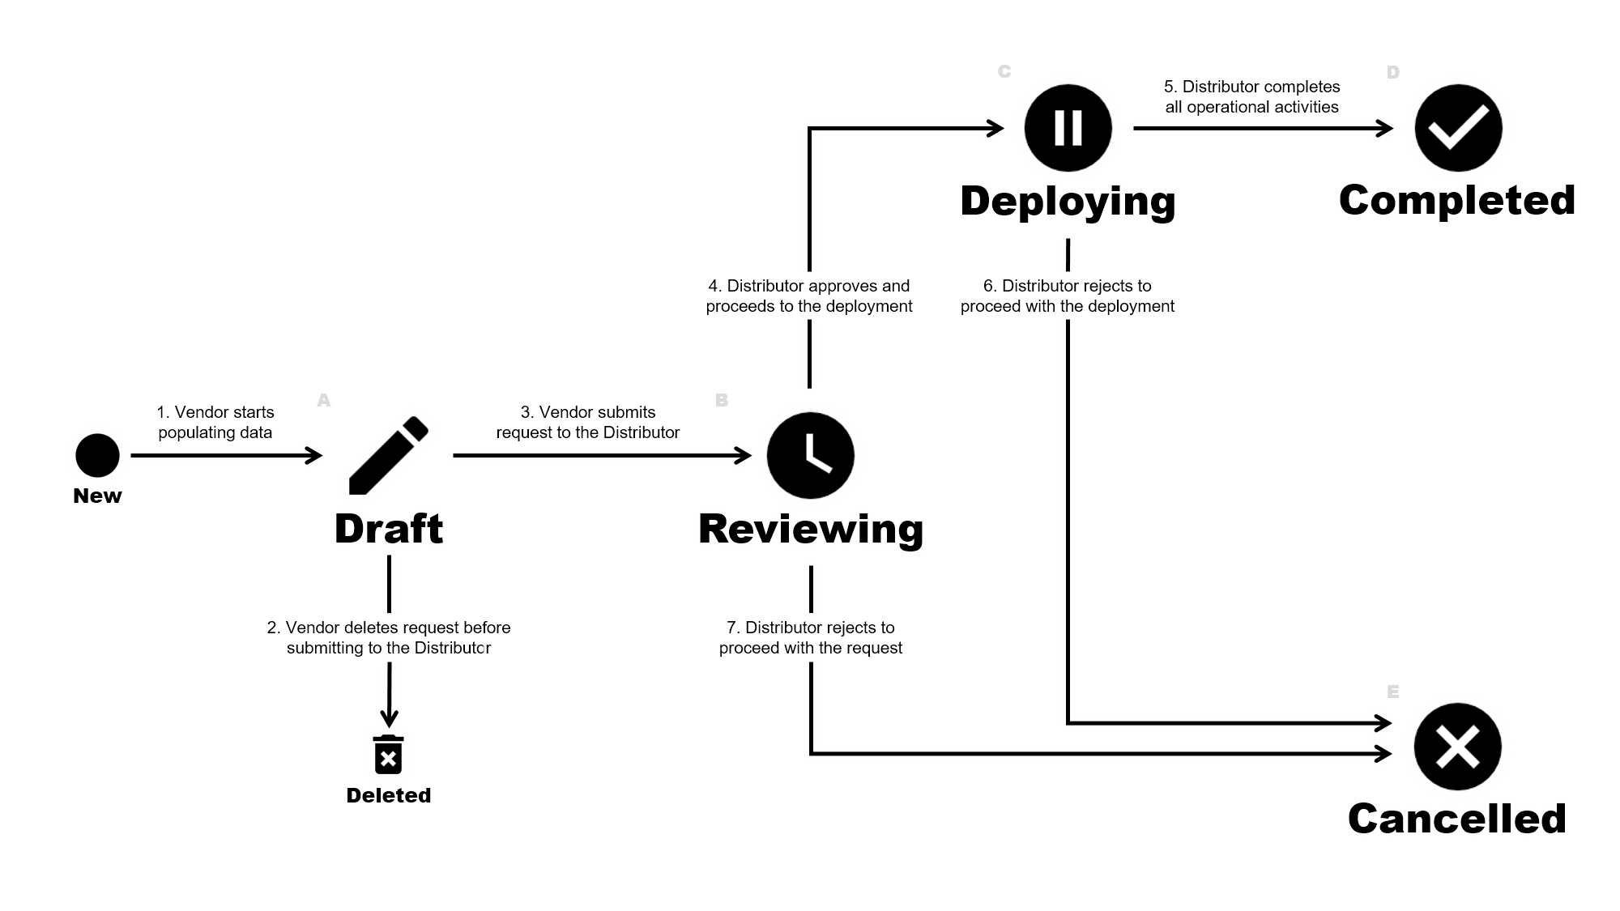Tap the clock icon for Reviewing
tap(810, 454)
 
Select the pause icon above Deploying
tap(1068, 128)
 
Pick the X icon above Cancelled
tap(1457, 747)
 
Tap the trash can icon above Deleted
tap(388, 753)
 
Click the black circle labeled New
tap(97, 454)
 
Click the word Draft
tap(388, 529)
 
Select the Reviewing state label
tap(810, 529)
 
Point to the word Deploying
tap(1068, 201)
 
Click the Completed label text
tap(1457, 200)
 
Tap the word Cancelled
tap(1457, 818)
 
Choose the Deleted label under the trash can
tap(388, 795)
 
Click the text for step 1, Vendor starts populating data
tap(215, 422)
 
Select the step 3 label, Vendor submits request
tap(589, 422)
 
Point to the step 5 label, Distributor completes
tap(1252, 96)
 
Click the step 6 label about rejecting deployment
tap(1068, 296)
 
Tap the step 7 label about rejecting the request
tap(810, 637)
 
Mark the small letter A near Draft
tap(324, 400)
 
